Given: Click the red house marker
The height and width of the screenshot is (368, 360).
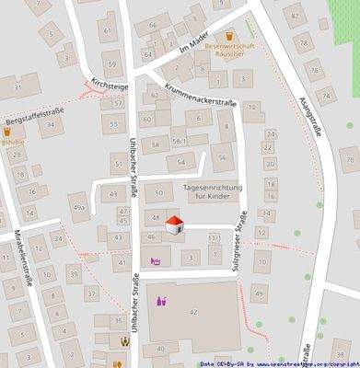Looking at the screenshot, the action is pos(172,225).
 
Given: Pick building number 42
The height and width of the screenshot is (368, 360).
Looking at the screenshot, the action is pos(193,313).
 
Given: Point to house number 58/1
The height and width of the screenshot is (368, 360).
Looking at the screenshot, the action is pos(180,141).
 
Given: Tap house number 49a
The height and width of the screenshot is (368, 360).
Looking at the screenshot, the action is pos(79,208).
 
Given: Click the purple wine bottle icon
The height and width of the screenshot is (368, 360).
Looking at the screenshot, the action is pos(161,300).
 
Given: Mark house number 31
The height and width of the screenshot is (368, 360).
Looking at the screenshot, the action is pos(18,86).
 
